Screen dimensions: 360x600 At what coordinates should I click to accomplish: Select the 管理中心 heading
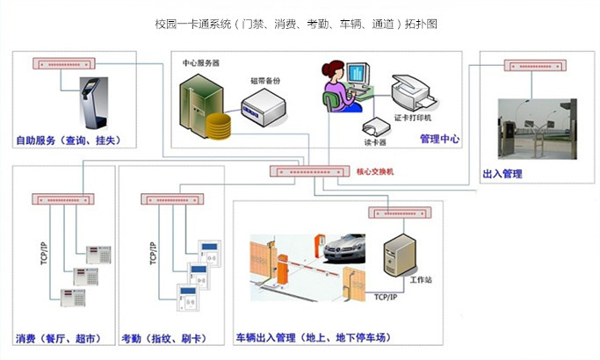click(x=439, y=139)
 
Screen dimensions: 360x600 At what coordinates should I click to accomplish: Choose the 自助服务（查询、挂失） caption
click(x=68, y=141)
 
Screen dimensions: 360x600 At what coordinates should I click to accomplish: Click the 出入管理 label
click(x=502, y=174)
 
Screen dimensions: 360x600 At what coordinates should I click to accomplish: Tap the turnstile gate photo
click(x=537, y=128)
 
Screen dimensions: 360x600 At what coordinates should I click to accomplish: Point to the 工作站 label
click(x=423, y=279)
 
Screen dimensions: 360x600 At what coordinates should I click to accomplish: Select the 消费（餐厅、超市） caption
click(x=57, y=338)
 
